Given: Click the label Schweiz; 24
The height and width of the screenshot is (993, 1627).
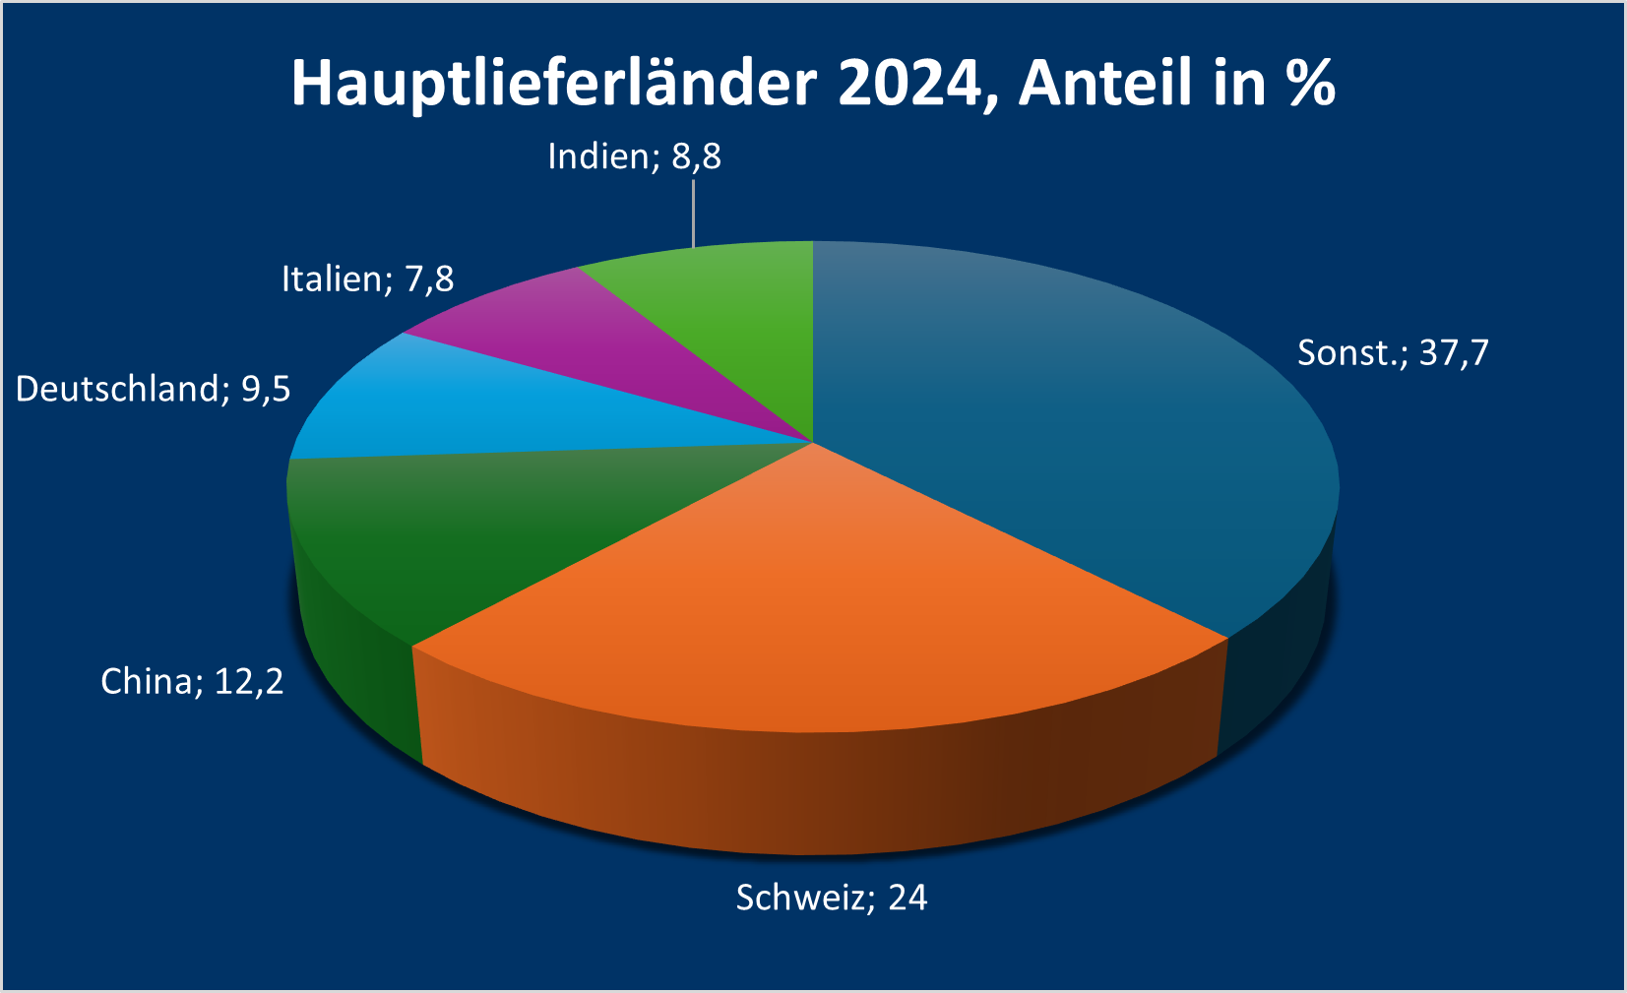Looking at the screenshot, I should pyautogui.click(x=832, y=898).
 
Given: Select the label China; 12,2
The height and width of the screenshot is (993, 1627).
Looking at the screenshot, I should pyautogui.click(x=192, y=681).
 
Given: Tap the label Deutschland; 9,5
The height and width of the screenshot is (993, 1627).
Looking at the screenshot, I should pyautogui.click(x=154, y=389).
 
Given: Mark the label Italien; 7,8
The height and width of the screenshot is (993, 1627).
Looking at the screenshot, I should pyautogui.click(x=368, y=279).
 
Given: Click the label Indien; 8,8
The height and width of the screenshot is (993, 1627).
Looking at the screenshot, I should pyautogui.click(x=635, y=156).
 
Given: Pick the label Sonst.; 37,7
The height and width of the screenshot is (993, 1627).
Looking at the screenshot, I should pyautogui.click(x=1393, y=352).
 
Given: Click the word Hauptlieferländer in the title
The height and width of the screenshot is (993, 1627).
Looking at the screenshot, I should pyautogui.click(x=553, y=83).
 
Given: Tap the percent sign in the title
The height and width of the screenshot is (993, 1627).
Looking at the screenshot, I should pyautogui.click(x=1310, y=83).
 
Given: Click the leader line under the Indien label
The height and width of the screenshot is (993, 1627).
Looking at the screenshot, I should pyautogui.click(x=694, y=212).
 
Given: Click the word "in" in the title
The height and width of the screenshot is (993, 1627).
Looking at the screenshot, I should pyautogui.click(x=1239, y=83).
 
